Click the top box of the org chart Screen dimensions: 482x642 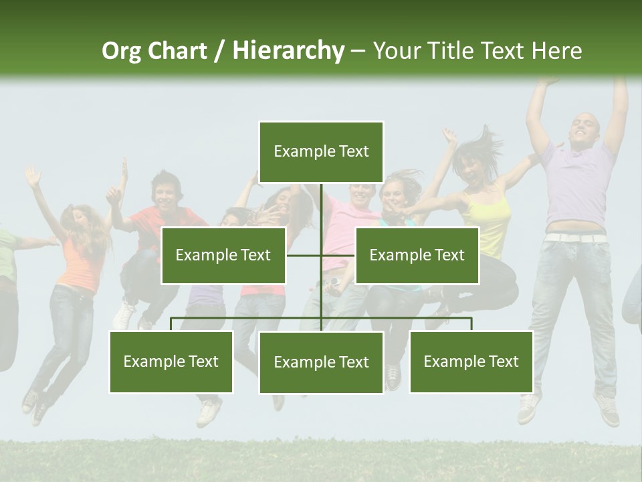coord(321,152)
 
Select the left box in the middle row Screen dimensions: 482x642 coord(223,255)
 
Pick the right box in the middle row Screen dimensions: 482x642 coord(417,255)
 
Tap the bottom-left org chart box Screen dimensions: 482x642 coord(171,361)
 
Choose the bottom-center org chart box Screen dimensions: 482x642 coord(321,362)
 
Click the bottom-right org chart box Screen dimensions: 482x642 coord(471,361)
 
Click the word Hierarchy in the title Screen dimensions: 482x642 coord(288,51)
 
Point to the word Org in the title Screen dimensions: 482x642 coord(121,51)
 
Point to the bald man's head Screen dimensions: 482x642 coord(584,127)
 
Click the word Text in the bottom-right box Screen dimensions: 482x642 coord(504,361)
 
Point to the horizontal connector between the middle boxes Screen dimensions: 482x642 coord(321,255)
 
